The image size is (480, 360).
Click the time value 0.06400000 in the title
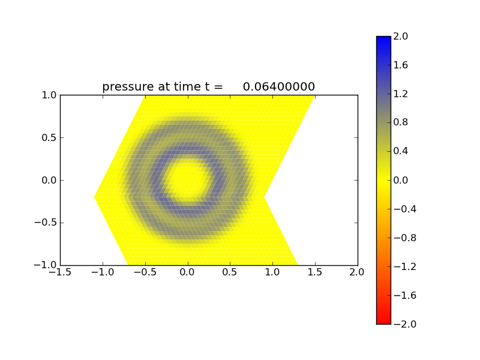click(279, 87)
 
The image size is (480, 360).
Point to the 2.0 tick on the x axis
click(358, 272)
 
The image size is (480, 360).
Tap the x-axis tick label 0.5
click(230, 272)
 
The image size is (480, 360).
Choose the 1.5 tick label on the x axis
click(315, 272)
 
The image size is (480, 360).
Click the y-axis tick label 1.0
click(49, 95)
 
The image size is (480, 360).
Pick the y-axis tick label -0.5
click(47, 223)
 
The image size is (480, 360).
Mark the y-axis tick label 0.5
click(49, 137)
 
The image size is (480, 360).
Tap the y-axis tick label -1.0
click(47, 265)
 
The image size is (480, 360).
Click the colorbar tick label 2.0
click(401, 36)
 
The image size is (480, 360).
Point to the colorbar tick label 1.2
click(401, 94)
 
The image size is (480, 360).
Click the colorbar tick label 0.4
click(401, 151)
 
